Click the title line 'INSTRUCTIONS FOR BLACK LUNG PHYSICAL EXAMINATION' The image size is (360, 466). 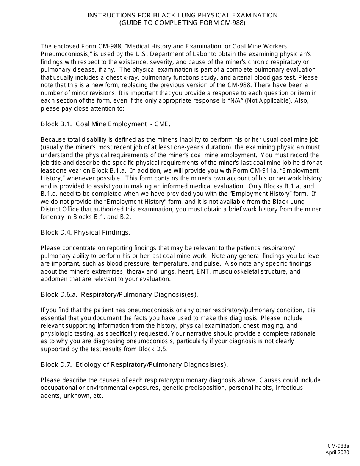point(182,15)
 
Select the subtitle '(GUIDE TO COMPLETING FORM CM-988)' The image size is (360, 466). point(182,23)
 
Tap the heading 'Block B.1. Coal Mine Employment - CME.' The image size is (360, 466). point(106,124)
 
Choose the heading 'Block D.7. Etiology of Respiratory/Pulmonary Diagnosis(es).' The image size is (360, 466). point(134,364)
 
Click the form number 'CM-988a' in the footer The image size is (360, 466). point(338,447)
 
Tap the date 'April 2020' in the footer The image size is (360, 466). point(337,453)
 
